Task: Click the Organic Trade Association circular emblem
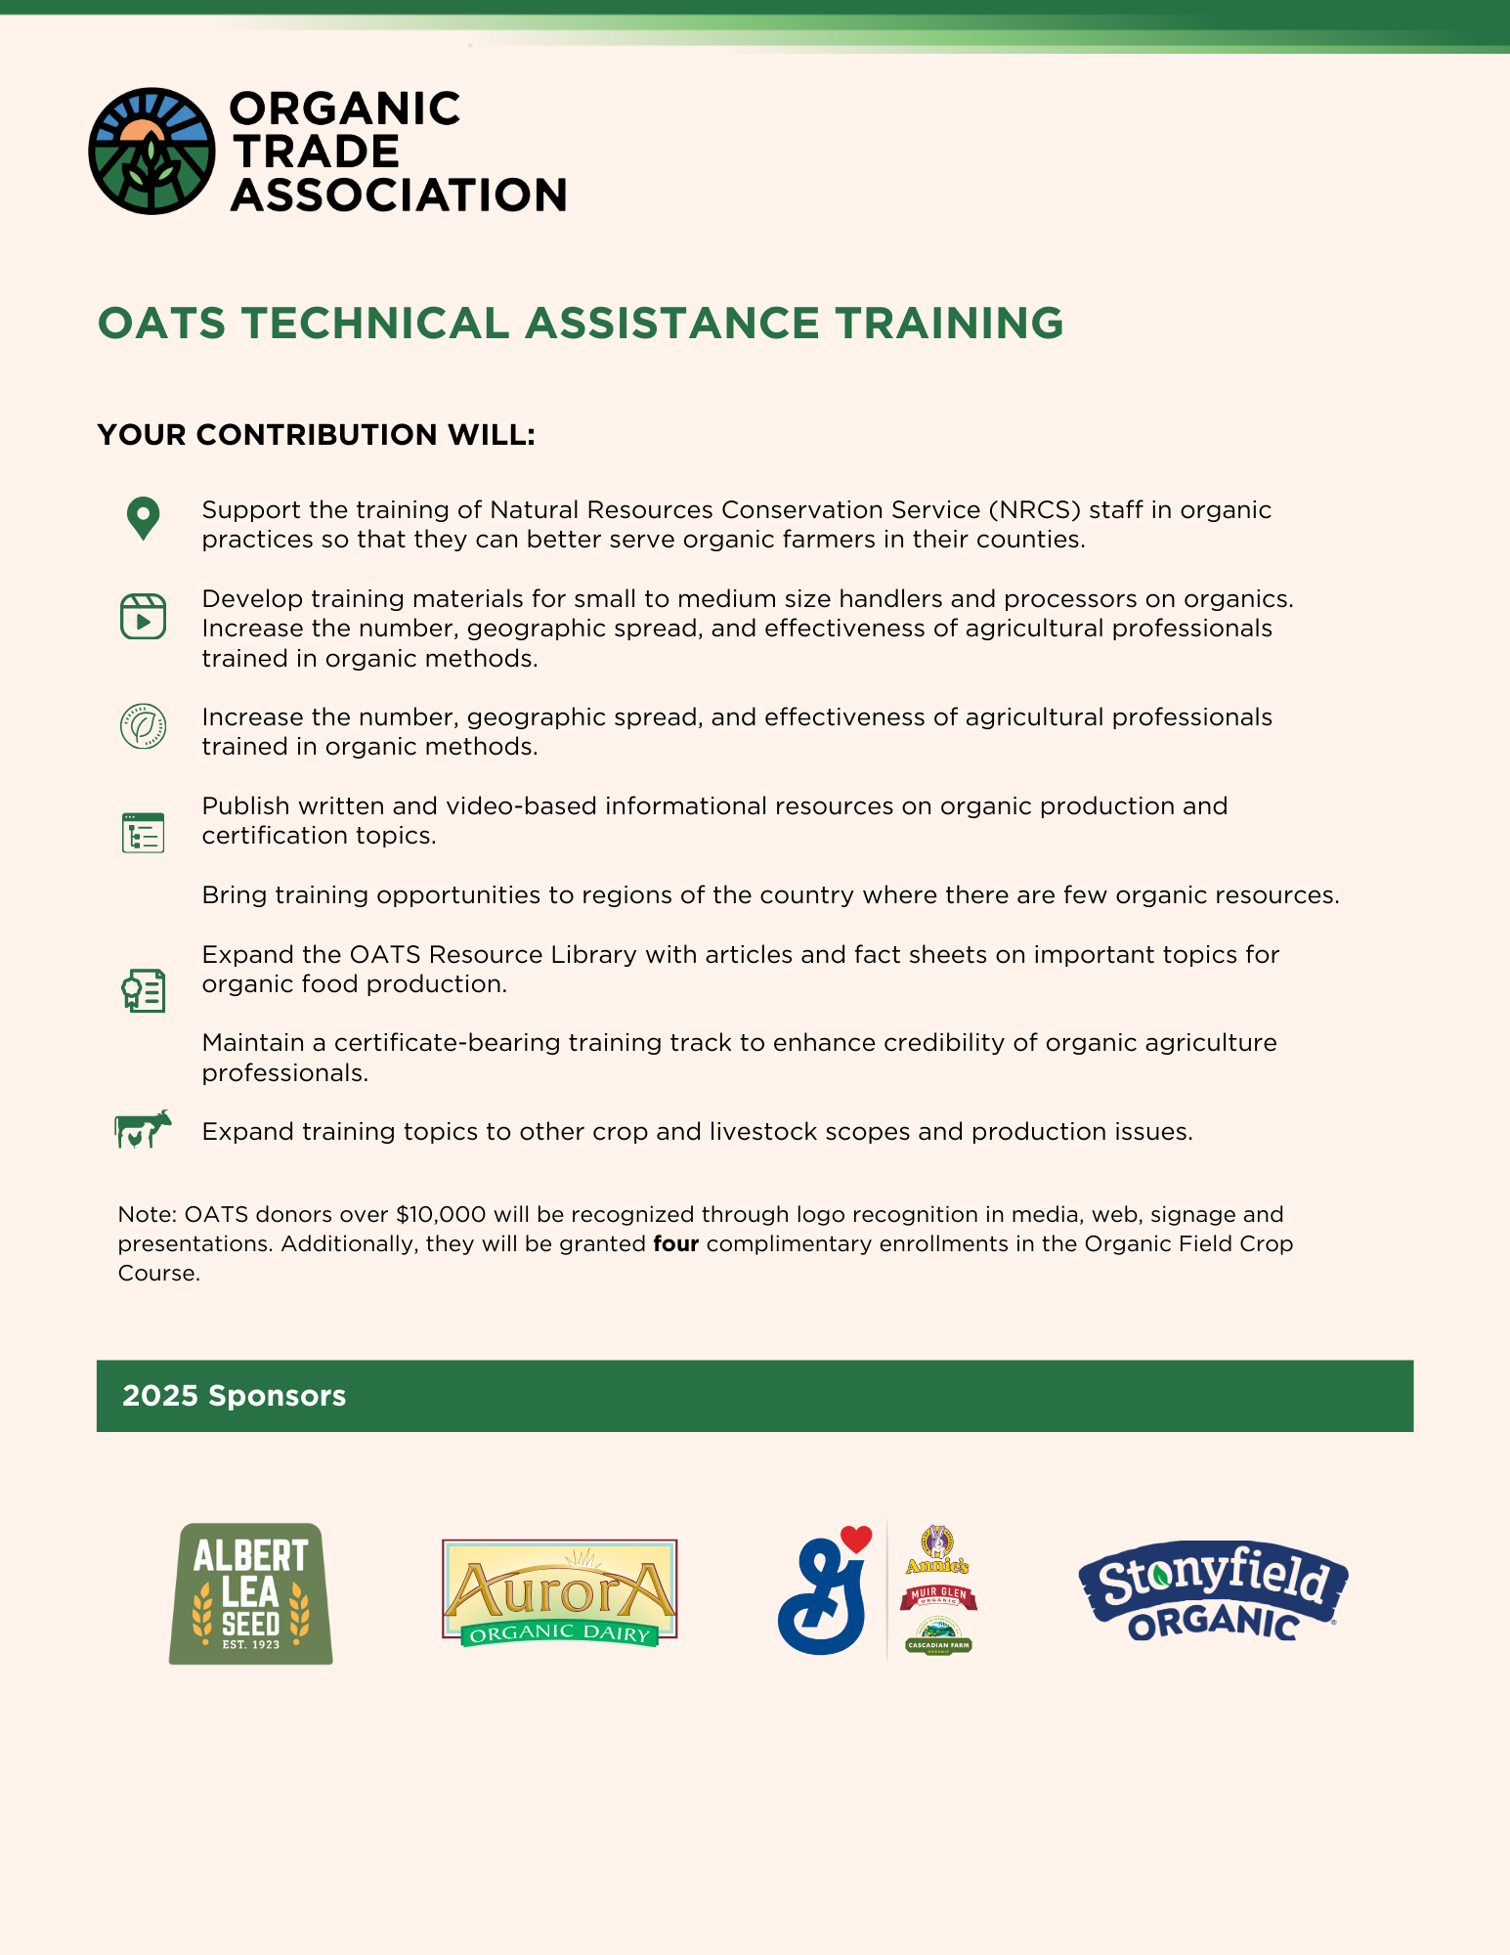pos(151,152)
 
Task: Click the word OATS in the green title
pos(162,324)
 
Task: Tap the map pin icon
pos(143,518)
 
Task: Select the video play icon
pos(143,617)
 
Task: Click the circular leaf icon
pos(143,726)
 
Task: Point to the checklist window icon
pos(143,832)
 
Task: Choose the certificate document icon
pos(143,990)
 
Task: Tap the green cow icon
pos(143,1129)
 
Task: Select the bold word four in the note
pos(675,1244)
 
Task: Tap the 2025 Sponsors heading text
pos(234,1396)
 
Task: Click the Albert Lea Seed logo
pos(251,1593)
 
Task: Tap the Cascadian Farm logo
pos(938,1636)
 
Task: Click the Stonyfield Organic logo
pos(1213,1591)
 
